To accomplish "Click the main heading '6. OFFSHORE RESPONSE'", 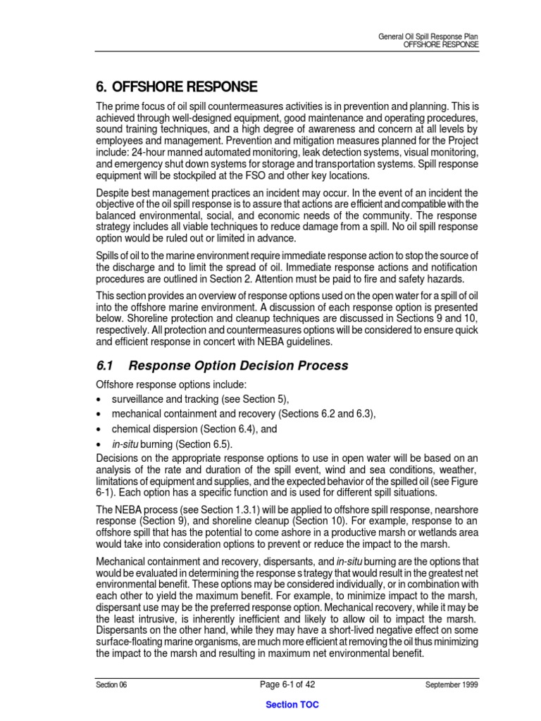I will pyautogui.click(x=176, y=87).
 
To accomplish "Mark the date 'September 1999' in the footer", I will pyautogui.click(x=452, y=684).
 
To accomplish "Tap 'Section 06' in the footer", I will pyautogui.click(x=112, y=684).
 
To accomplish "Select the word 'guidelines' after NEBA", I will pyautogui.click(x=306, y=342).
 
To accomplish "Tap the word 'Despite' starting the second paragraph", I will pyautogui.click(x=113, y=193).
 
